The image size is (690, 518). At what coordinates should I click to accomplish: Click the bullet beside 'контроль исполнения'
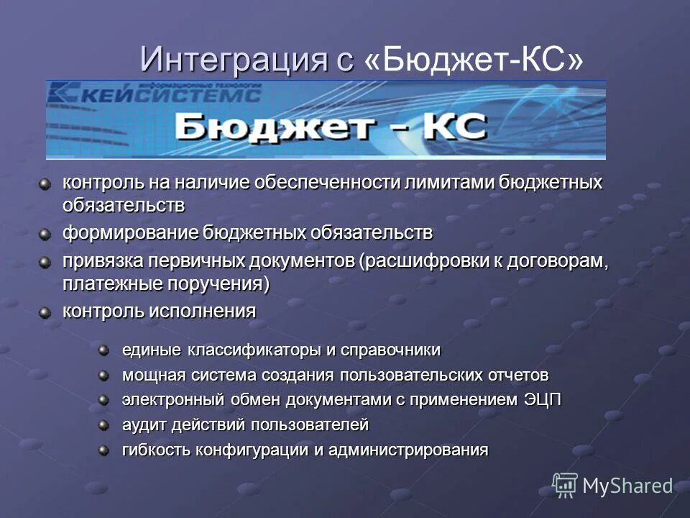[46, 312]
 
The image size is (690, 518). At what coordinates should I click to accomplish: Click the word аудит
[144, 425]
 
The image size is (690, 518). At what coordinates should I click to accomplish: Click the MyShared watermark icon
[565, 484]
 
